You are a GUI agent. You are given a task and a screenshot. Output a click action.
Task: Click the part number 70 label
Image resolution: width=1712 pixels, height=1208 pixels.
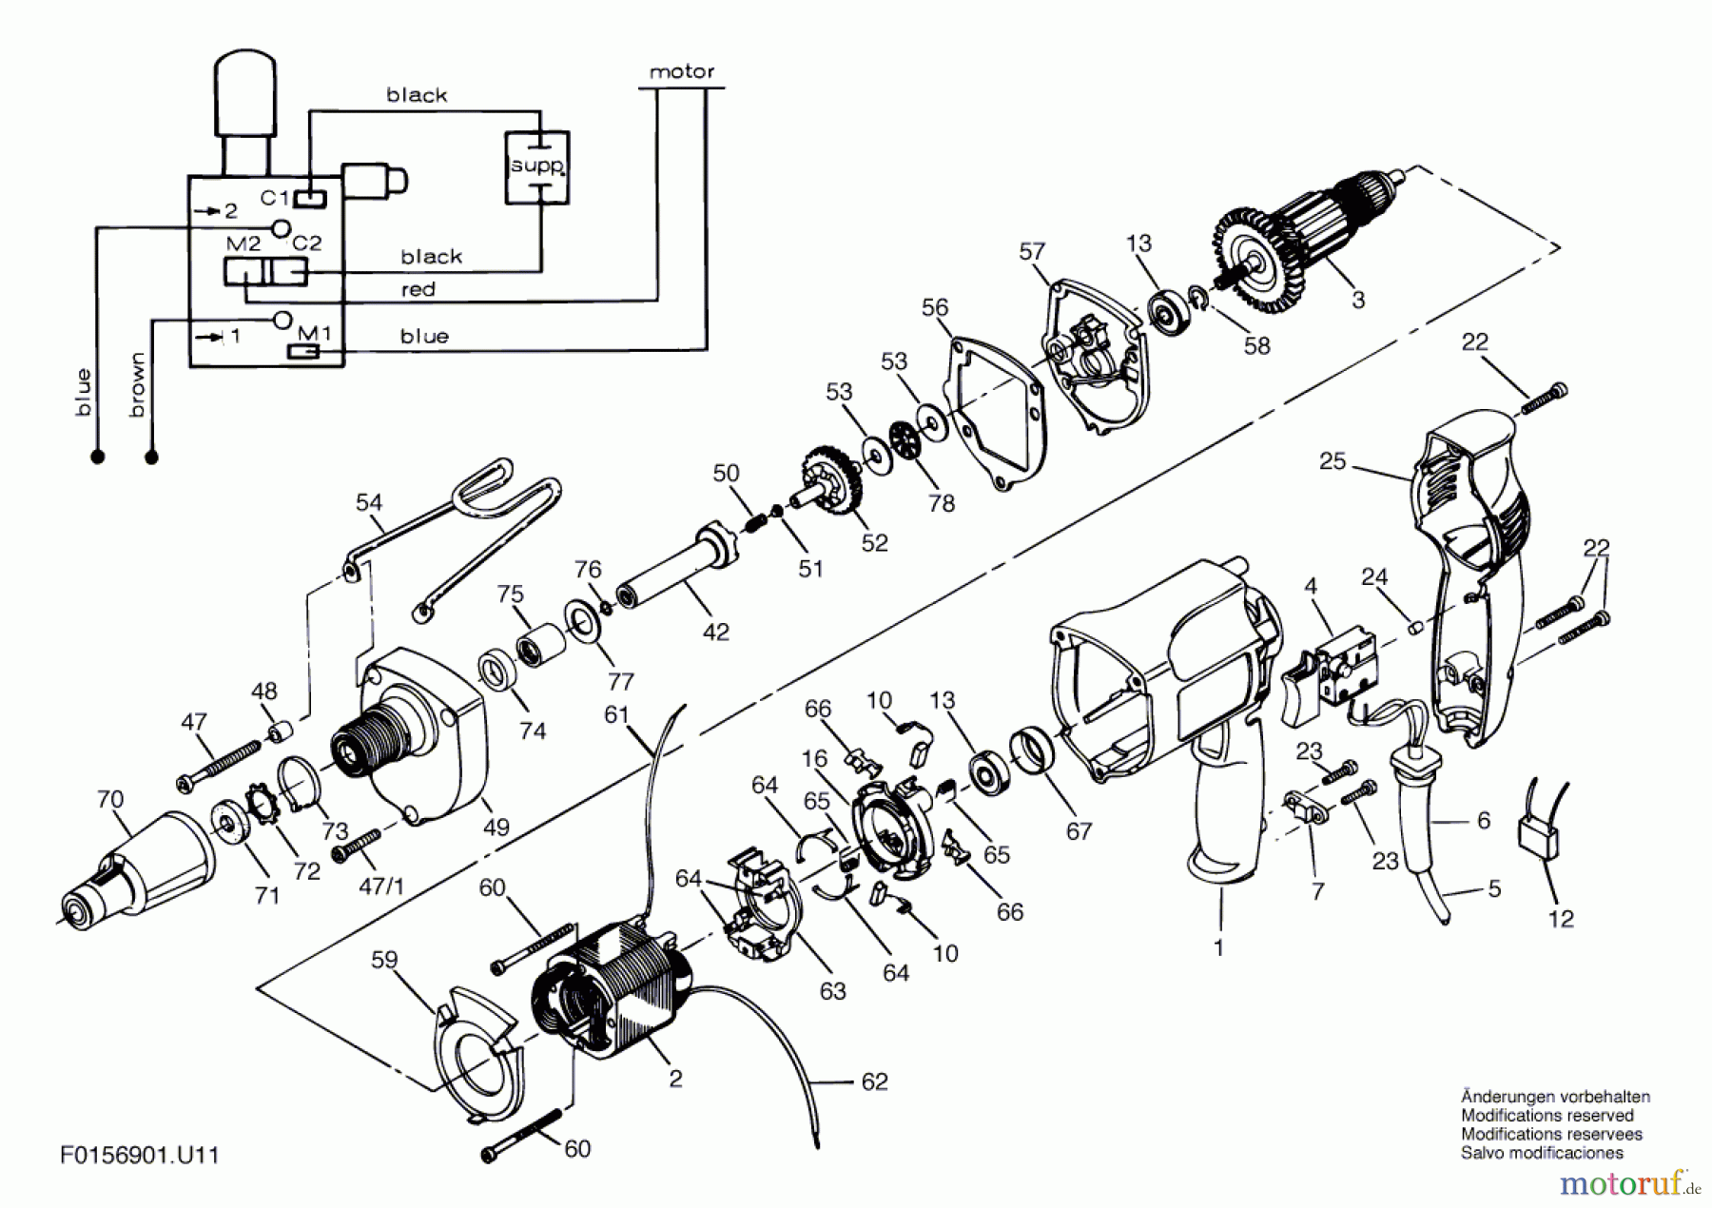[x=110, y=799]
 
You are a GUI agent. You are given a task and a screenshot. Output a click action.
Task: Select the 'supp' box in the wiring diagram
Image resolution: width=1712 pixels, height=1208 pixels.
[x=536, y=167]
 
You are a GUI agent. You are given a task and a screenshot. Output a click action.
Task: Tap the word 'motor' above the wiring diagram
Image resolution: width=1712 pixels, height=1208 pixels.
[x=681, y=71]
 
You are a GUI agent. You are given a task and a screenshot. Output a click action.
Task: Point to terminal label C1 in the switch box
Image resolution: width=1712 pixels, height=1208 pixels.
[x=274, y=197]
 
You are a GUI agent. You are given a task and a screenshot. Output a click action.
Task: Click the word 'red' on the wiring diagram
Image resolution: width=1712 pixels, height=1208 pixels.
[x=418, y=289]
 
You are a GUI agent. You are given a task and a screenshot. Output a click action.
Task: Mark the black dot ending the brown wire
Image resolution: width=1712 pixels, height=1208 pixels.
[x=151, y=458]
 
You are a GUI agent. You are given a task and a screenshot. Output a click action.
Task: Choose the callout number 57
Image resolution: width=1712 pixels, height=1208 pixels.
[x=1032, y=251]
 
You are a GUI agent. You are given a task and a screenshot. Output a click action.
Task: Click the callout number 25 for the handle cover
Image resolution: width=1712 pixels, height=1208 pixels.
[x=1333, y=461]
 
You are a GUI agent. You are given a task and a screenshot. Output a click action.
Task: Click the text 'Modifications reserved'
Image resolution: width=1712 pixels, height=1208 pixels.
[x=1547, y=1115]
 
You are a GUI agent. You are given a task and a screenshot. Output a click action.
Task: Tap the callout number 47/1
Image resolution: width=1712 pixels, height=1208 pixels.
[x=380, y=887]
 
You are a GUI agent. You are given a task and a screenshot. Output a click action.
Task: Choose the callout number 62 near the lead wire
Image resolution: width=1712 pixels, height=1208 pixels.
[x=874, y=1081]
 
